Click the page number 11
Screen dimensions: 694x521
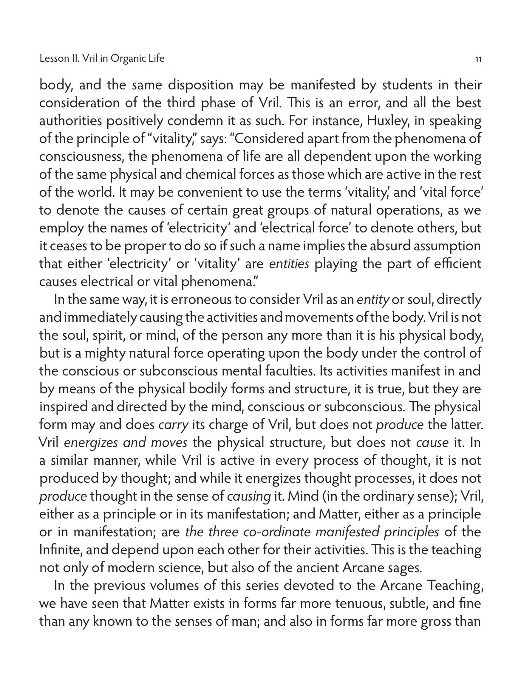478,59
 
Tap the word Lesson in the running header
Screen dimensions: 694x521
52,59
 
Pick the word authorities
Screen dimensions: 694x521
70,121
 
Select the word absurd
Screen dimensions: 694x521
389,246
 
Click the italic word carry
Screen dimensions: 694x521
173,425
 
